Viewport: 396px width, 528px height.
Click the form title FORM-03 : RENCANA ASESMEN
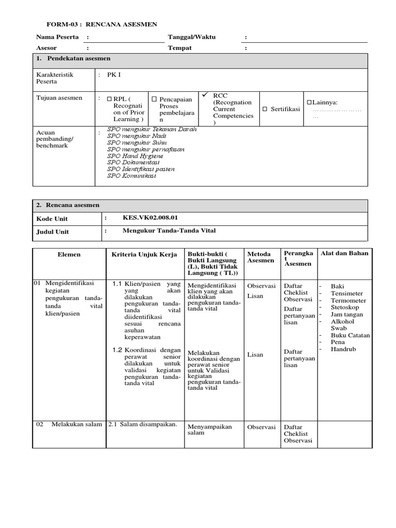tap(102, 24)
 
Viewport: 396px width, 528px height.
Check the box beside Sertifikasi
tap(265, 109)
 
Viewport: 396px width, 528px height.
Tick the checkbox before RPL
tap(109, 99)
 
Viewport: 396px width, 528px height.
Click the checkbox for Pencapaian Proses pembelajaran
tap(154, 99)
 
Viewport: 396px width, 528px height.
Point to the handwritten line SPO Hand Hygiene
tap(135, 156)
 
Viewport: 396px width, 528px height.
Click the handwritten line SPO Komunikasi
tap(132, 175)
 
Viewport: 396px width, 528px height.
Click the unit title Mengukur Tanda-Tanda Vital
tap(169, 231)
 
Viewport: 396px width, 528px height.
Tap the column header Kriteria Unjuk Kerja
tap(144, 255)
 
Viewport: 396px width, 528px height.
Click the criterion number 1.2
tap(117, 350)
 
